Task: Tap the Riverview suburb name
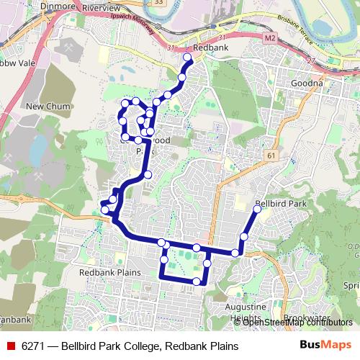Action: (102, 6)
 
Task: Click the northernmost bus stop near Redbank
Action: (188, 56)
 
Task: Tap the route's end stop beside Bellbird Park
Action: (257, 210)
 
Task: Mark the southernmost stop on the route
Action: (197, 280)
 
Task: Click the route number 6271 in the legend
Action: (32, 346)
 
